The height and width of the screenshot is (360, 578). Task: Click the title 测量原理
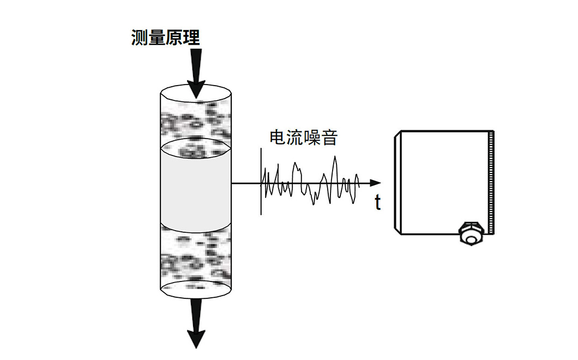(x=166, y=38)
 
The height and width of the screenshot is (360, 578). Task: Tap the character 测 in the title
(x=140, y=38)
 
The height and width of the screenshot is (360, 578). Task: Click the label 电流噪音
(x=304, y=138)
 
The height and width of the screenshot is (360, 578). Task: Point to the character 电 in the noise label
(x=279, y=138)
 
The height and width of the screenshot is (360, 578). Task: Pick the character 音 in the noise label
(x=329, y=138)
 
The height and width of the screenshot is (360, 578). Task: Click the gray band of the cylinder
(x=196, y=188)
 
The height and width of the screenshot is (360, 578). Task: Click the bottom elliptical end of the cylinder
(x=196, y=289)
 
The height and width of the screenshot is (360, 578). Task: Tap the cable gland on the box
(x=469, y=234)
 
